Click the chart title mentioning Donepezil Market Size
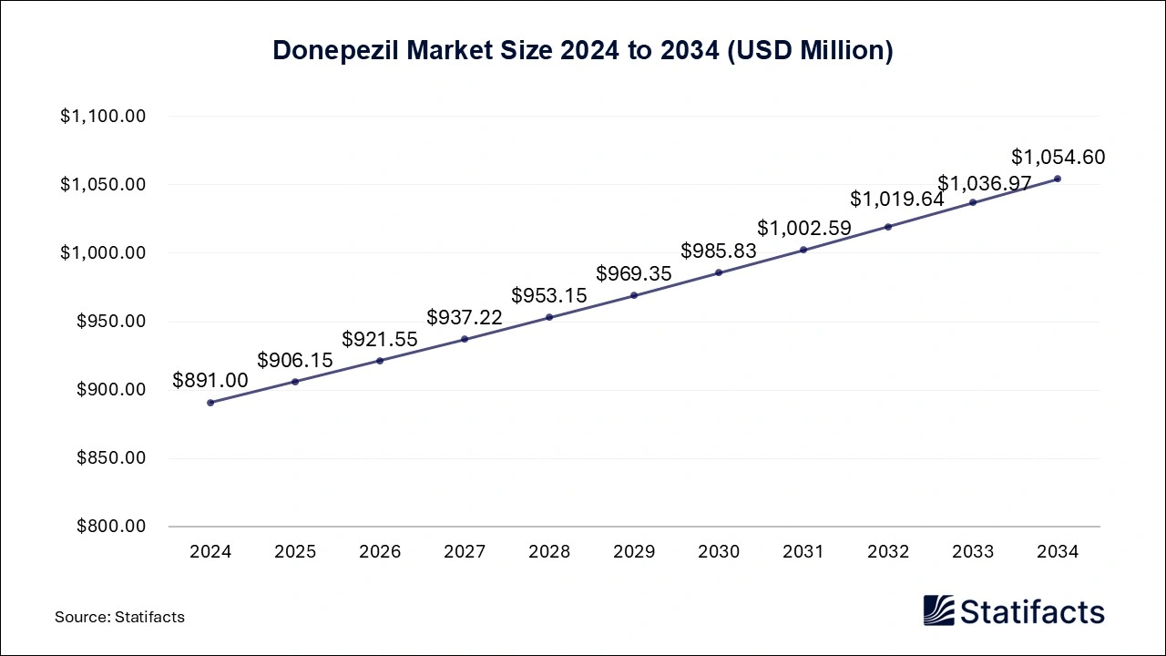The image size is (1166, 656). pos(583,51)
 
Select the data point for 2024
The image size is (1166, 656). pos(210,402)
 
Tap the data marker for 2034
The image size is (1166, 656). pos(1057,179)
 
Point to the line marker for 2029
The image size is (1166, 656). pos(634,295)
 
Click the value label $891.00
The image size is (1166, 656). pos(210,381)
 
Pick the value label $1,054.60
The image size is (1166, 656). pos(1058,158)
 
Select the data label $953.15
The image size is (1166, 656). pos(549,296)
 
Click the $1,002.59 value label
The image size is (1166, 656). pos(803,229)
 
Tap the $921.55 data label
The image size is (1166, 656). pos(380,340)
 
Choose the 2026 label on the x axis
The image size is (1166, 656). pos(380,552)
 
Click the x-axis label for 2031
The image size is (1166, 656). pos(803,552)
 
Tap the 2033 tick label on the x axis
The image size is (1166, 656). pos(973,552)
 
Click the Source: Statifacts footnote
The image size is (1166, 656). pos(119,617)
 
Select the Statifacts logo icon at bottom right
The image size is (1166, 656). pos(938,610)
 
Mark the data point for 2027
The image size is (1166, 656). pos(465,339)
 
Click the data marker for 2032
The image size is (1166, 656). pos(888,227)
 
